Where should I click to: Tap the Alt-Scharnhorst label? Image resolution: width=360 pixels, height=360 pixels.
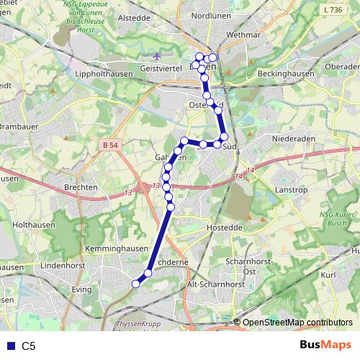click(215, 284)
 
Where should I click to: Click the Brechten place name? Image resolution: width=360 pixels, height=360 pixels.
click(81, 187)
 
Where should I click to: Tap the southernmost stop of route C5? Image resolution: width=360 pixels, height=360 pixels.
click(135, 284)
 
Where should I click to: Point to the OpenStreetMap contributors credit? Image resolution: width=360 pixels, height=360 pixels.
click(297, 323)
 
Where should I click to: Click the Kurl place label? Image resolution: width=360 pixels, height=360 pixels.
click(328, 275)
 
